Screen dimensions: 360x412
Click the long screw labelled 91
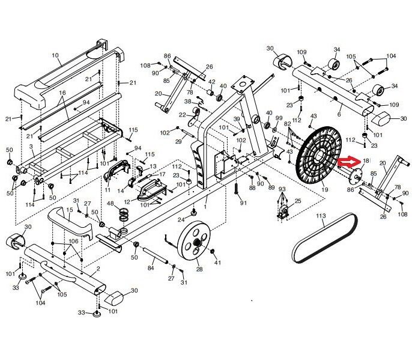238,192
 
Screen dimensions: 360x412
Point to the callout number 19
325,190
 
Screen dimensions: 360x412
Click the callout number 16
61,94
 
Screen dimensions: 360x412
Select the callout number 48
110,204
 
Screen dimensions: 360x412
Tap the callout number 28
199,269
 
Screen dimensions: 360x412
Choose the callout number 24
181,219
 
